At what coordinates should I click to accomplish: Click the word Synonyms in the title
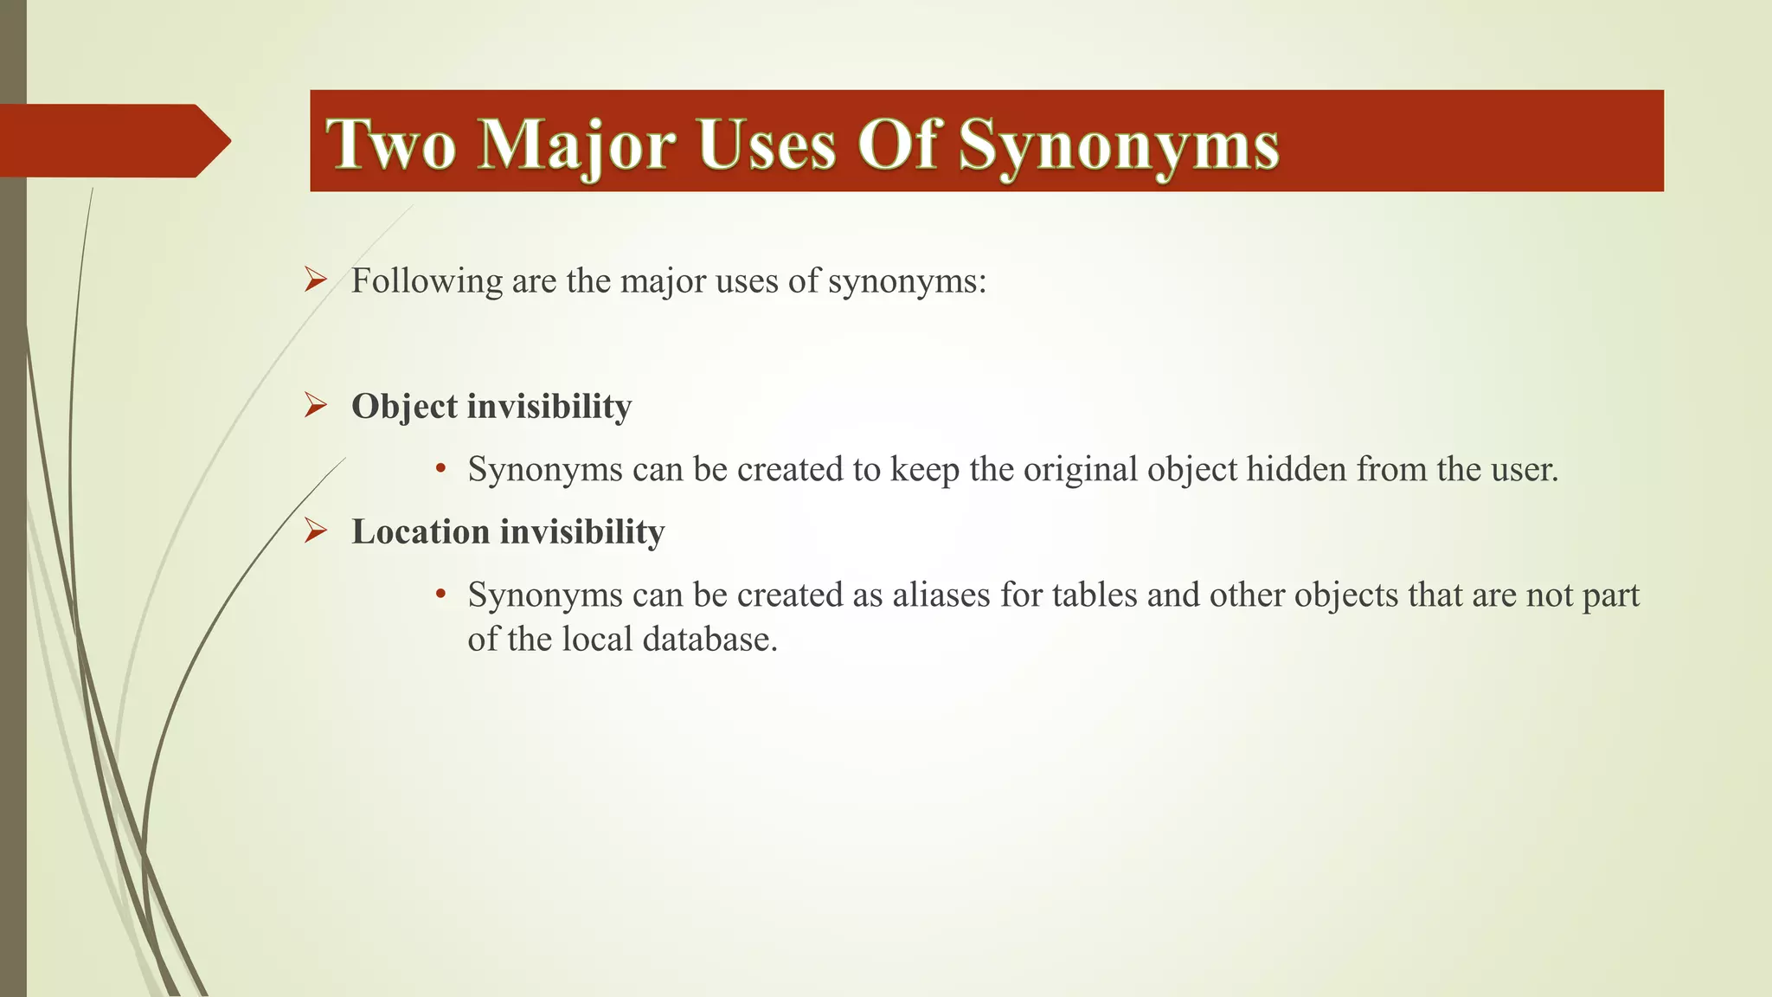point(1119,145)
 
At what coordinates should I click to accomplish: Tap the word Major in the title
point(575,145)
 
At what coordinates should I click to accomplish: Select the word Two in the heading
point(390,145)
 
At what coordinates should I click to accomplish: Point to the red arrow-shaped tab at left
point(112,140)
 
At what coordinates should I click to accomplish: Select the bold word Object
point(404,407)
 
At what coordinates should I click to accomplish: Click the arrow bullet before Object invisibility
point(315,405)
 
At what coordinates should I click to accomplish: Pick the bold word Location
point(421,531)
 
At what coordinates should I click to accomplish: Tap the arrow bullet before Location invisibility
point(315,531)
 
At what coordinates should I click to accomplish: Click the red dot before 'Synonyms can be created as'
point(440,595)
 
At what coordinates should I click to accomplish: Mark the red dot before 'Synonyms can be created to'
point(440,469)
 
